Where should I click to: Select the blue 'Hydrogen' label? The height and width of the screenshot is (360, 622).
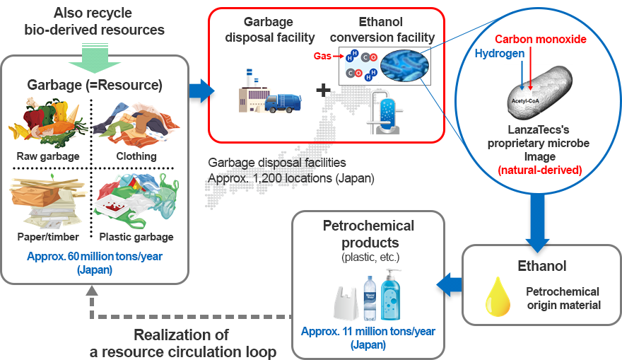coord(498,54)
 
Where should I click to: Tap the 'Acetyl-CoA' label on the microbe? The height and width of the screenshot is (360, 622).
coord(525,100)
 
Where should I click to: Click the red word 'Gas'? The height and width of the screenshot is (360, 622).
coord(322,54)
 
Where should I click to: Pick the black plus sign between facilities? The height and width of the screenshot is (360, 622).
coord(323,91)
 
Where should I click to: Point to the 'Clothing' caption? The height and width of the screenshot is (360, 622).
coord(136,156)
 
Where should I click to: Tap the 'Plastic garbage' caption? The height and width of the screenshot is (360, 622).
coord(136,237)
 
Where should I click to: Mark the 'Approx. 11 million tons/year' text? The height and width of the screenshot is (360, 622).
coord(368,331)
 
